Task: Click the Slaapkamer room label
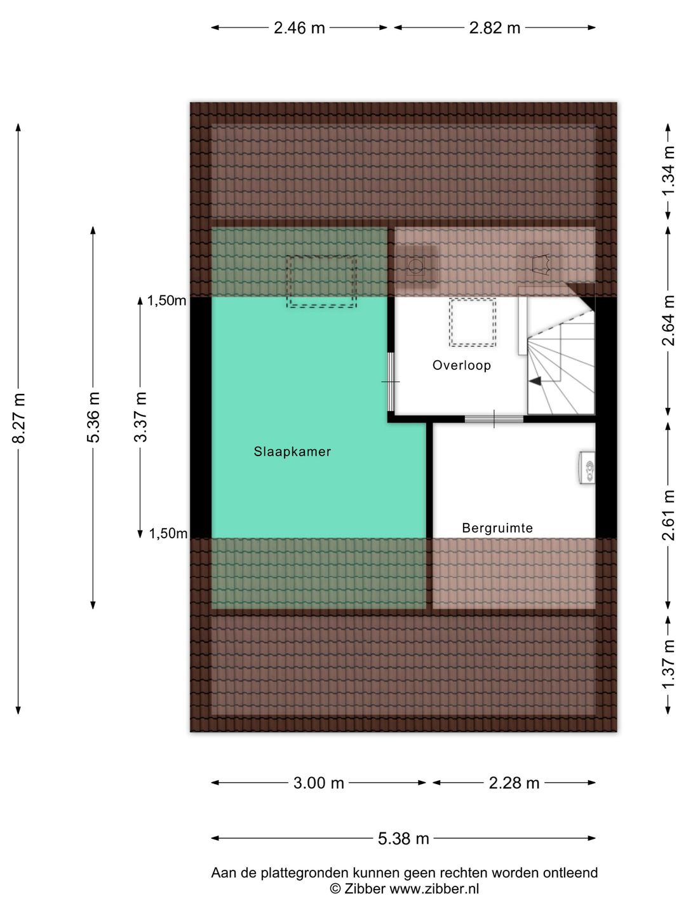click(x=292, y=451)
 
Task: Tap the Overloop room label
click(x=462, y=365)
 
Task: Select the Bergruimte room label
click(x=497, y=528)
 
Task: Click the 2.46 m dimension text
click(x=299, y=28)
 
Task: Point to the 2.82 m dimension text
click(x=494, y=28)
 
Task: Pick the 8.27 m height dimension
click(x=19, y=417)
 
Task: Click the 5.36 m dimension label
click(x=93, y=417)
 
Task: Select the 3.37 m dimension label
click(x=140, y=417)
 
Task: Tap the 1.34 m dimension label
click(x=668, y=171)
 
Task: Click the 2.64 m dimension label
click(x=668, y=320)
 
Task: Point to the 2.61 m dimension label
click(x=668, y=515)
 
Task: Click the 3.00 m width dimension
click(x=318, y=783)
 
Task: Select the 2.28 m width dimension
click(x=514, y=783)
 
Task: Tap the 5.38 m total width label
click(x=403, y=838)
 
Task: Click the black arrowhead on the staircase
click(x=535, y=381)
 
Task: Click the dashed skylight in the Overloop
click(x=473, y=322)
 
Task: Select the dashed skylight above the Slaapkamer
click(x=321, y=281)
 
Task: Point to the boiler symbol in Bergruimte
click(x=587, y=467)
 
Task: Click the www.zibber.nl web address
click(x=434, y=889)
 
